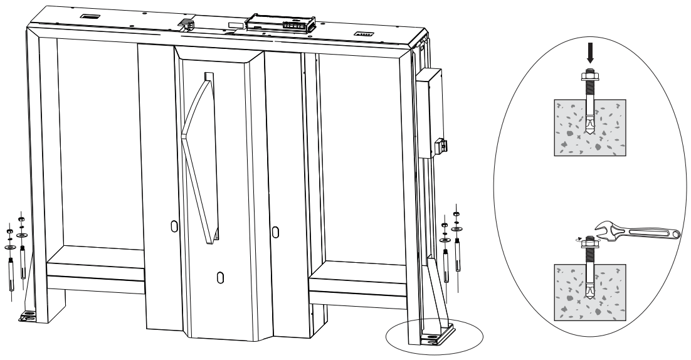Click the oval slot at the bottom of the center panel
[219, 278]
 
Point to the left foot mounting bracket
[28, 317]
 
